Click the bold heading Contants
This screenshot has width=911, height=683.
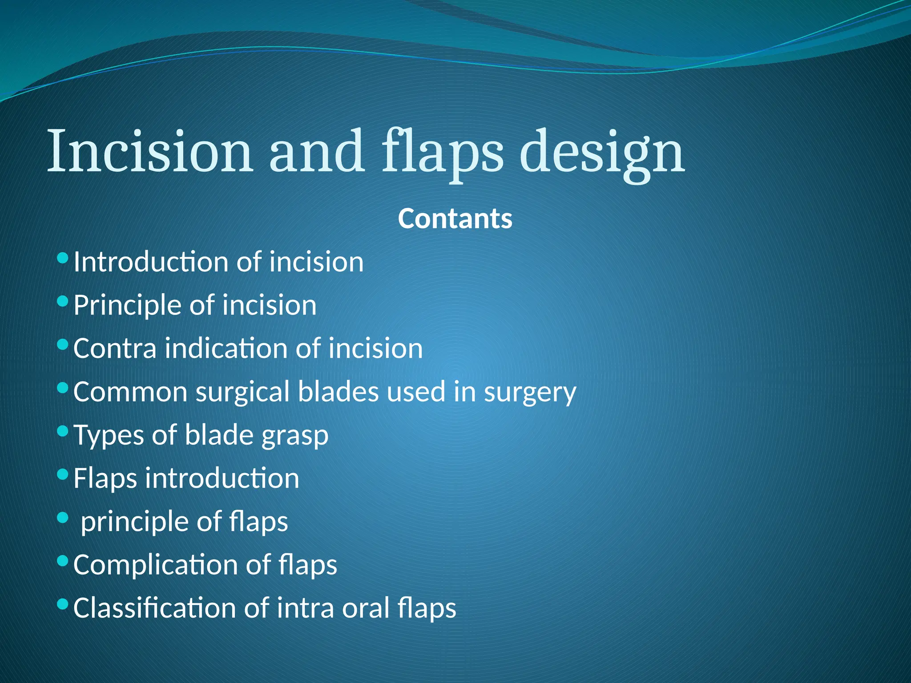(455, 219)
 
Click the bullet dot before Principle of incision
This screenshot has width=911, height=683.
(63, 301)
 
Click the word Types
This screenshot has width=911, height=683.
(109, 435)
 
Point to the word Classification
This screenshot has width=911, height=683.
(154, 608)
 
